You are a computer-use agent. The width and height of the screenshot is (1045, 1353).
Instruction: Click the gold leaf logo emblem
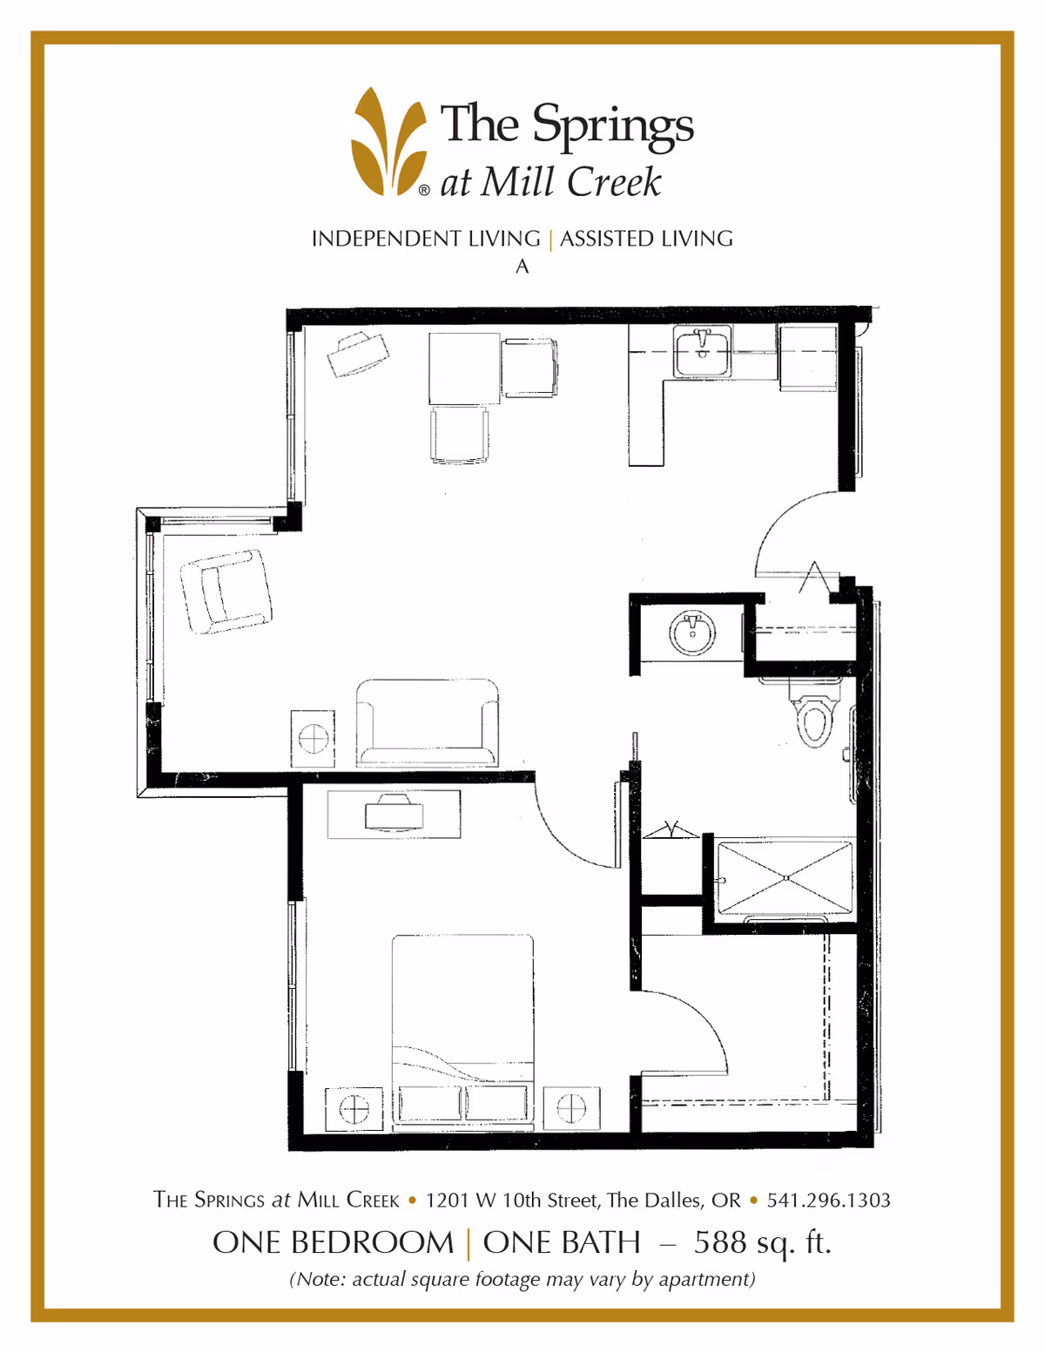pos(388,142)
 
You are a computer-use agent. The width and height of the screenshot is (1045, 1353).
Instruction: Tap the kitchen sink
pos(701,352)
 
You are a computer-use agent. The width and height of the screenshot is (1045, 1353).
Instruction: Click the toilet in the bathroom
pos(813,714)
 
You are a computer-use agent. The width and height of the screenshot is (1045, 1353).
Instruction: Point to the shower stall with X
pos(785,878)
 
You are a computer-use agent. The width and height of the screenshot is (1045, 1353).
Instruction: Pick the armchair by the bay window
pos(226,591)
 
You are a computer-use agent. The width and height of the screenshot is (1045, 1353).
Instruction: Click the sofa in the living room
pos(427,722)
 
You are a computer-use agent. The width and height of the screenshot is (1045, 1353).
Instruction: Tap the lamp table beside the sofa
pos(313,739)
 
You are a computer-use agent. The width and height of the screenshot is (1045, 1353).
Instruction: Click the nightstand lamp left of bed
pos(354,1109)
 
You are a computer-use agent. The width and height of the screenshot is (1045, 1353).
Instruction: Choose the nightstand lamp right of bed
pos(571,1108)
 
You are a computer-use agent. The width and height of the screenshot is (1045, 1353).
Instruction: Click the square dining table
pos(463,368)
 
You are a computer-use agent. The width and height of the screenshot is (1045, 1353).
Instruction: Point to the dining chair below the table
pos(459,435)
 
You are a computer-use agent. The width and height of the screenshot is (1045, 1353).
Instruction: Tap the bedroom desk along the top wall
pos(394,815)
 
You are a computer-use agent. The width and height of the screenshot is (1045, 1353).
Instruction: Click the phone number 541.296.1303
pos(828,1200)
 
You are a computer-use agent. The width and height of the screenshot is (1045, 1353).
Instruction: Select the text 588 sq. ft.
pos(763,1243)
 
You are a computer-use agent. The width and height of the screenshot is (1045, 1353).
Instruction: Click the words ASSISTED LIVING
pos(646,239)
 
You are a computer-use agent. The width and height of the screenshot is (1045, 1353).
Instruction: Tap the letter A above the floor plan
pos(522,267)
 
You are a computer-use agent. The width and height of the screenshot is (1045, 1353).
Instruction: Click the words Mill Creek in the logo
pos(570,182)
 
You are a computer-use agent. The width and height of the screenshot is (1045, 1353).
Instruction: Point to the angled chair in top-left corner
pos(358,354)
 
